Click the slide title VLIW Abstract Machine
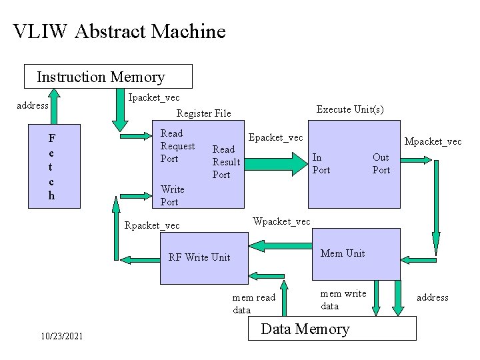(119, 31)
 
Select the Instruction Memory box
(108, 77)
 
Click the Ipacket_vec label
(153, 98)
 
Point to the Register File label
(203, 113)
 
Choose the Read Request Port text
(177, 146)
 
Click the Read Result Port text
(225, 162)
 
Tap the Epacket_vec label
(275, 137)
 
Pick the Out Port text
(381, 163)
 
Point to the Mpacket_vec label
(433, 141)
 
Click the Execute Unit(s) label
(349, 109)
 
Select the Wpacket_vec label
(281, 221)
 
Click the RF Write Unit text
(199, 257)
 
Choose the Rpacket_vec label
(152, 225)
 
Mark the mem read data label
(253, 304)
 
